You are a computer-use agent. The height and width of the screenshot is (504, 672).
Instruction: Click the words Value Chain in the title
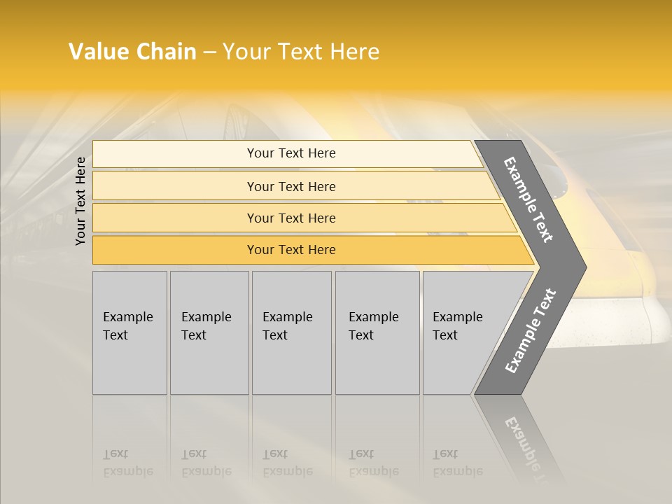[x=132, y=52]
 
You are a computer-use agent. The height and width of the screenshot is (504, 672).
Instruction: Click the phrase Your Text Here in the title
[x=301, y=52]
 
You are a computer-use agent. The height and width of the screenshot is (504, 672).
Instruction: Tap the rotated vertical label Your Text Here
[x=81, y=201]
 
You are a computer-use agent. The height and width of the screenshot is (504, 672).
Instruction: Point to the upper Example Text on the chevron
[x=528, y=199]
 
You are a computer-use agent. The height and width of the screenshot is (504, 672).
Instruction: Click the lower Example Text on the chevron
[x=530, y=331]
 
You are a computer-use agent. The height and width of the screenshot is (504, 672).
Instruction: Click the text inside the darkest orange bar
[x=291, y=250]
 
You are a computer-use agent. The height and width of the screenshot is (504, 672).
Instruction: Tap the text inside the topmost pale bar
[x=291, y=153]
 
